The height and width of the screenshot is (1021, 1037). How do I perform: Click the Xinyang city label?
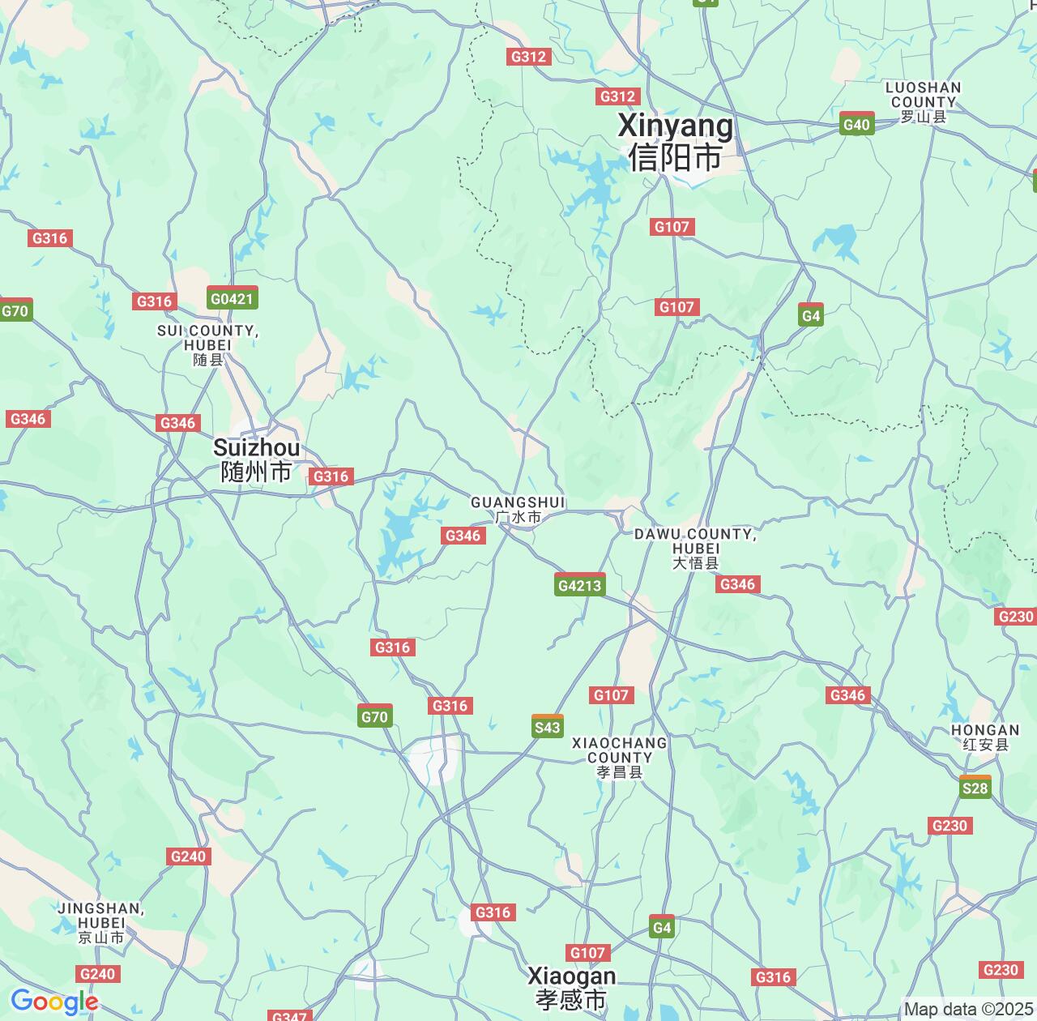pyautogui.click(x=676, y=141)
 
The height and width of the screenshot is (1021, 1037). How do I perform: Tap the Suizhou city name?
pyautogui.click(x=256, y=459)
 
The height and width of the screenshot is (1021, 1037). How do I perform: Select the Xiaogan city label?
pyautogui.click(x=571, y=987)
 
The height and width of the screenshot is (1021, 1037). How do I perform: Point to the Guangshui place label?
pyautogui.click(x=518, y=510)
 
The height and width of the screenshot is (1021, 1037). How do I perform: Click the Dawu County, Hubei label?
pyautogui.click(x=695, y=548)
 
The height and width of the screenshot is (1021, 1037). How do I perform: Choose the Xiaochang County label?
pyautogui.click(x=620, y=758)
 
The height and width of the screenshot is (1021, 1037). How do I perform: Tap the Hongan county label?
pyautogui.click(x=985, y=737)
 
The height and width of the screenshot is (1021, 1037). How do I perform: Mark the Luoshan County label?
pyautogui.click(x=923, y=102)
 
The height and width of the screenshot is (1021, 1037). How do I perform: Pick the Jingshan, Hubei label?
pyautogui.click(x=101, y=923)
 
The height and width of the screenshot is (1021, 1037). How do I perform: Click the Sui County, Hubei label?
pyautogui.click(x=207, y=344)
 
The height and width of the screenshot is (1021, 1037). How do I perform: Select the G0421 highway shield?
pyautogui.click(x=233, y=298)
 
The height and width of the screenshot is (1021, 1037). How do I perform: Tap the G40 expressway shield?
pyautogui.click(x=856, y=124)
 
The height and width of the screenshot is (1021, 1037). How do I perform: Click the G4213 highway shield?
pyautogui.click(x=580, y=585)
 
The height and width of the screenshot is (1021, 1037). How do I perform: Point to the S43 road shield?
pyautogui.click(x=548, y=727)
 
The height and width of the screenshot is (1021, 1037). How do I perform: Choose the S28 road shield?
pyautogui.click(x=975, y=788)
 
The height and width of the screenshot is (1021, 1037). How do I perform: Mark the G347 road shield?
pyautogui.click(x=288, y=1016)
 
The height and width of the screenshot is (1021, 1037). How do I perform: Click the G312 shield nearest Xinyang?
pyautogui.click(x=617, y=96)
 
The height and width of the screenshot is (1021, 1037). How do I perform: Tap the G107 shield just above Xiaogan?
pyautogui.click(x=587, y=953)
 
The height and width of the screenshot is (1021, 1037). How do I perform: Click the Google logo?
pyautogui.click(x=54, y=1002)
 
